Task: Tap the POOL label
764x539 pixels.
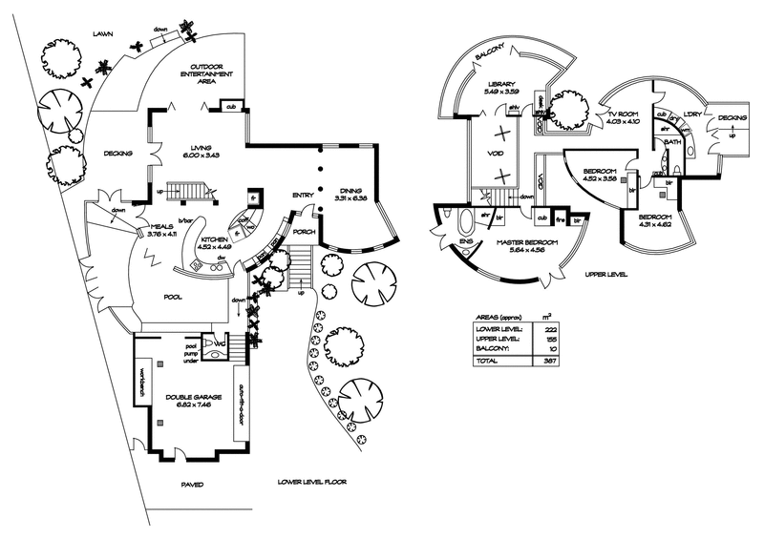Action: (x=172, y=297)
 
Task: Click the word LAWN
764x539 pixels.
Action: (x=103, y=33)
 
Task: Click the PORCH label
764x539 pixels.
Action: (x=306, y=231)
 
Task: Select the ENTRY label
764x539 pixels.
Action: (x=304, y=196)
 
